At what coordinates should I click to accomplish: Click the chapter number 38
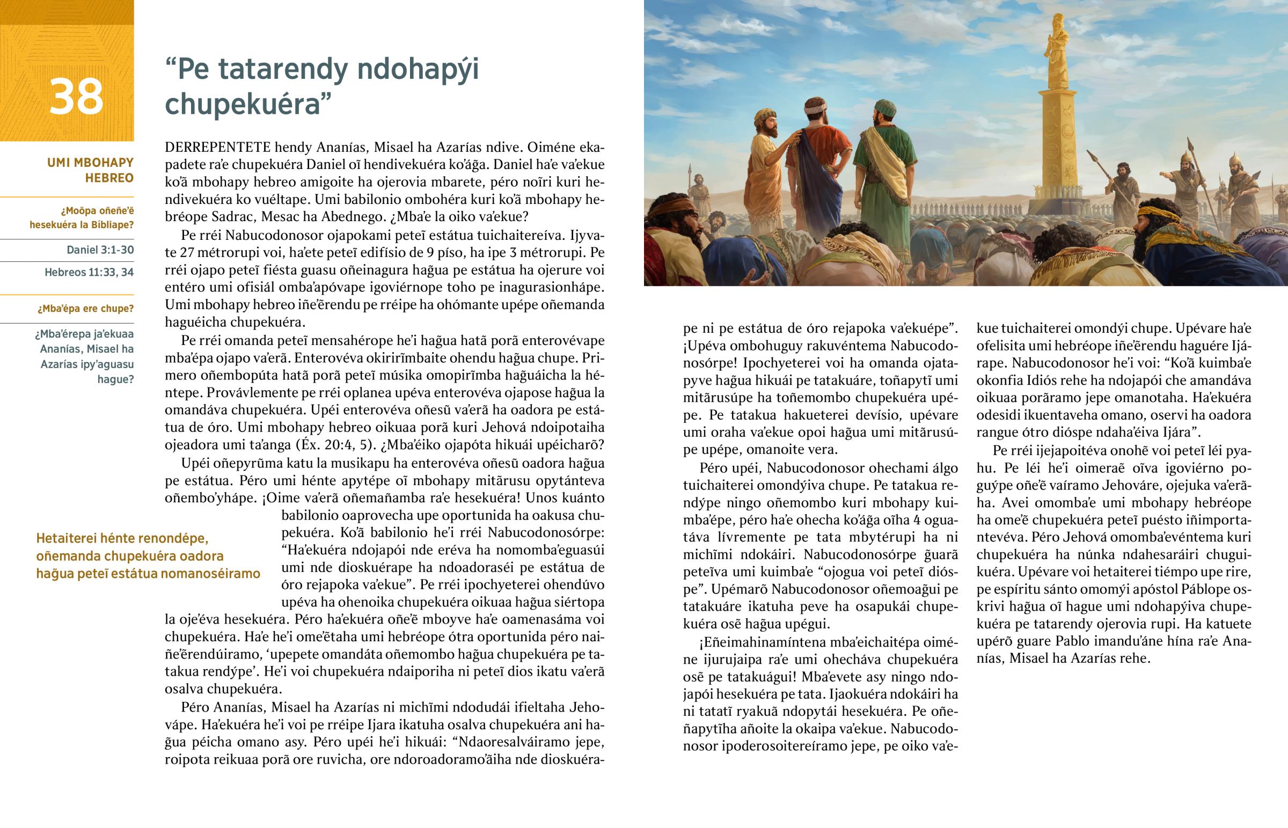[x=76, y=97]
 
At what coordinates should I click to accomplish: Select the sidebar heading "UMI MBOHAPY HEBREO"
[x=90, y=170]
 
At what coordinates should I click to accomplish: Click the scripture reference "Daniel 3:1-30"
[x=100, y=250]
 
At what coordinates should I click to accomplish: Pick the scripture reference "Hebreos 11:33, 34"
[x=89, y=272]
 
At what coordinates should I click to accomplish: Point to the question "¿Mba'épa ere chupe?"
[x=85, y=309]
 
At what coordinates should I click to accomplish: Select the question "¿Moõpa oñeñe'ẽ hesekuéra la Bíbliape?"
[x=82, y=218]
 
